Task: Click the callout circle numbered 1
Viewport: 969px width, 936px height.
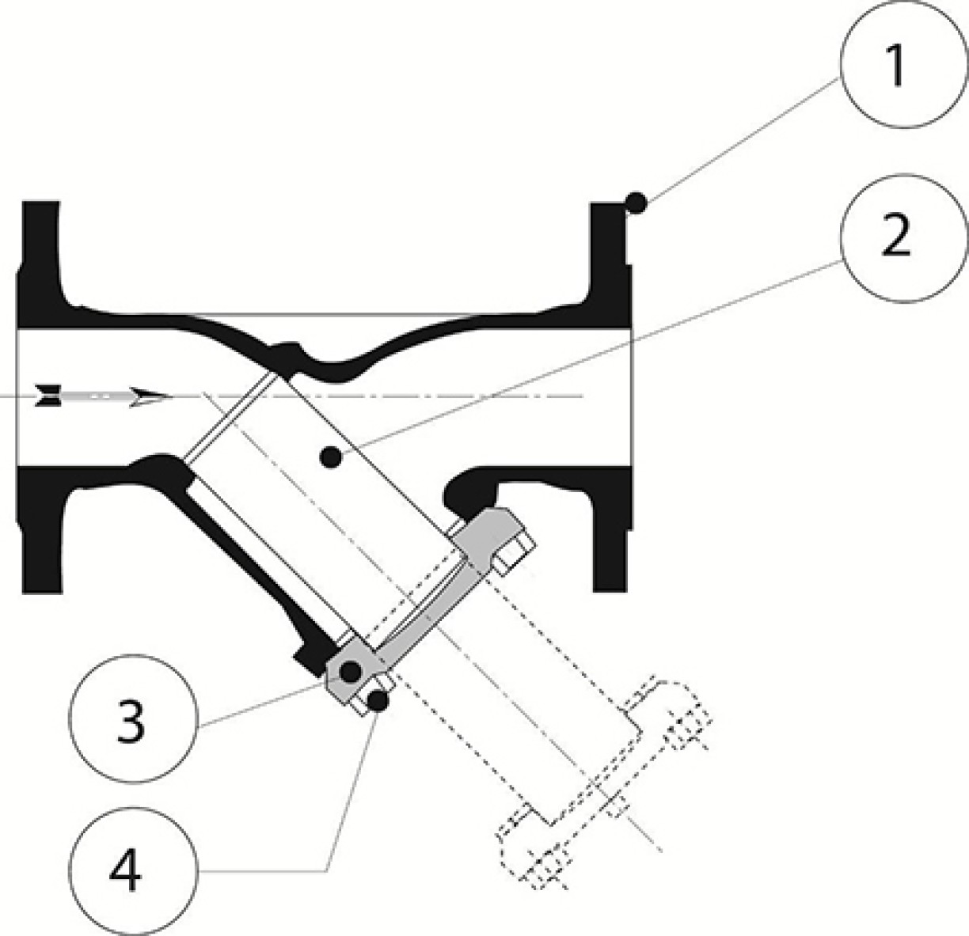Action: [904, 64]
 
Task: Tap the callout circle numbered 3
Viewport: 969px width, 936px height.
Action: [133, 718]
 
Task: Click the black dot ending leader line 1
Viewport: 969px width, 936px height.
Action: [636, 203]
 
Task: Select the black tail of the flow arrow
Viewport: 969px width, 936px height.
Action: [47, 396]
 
